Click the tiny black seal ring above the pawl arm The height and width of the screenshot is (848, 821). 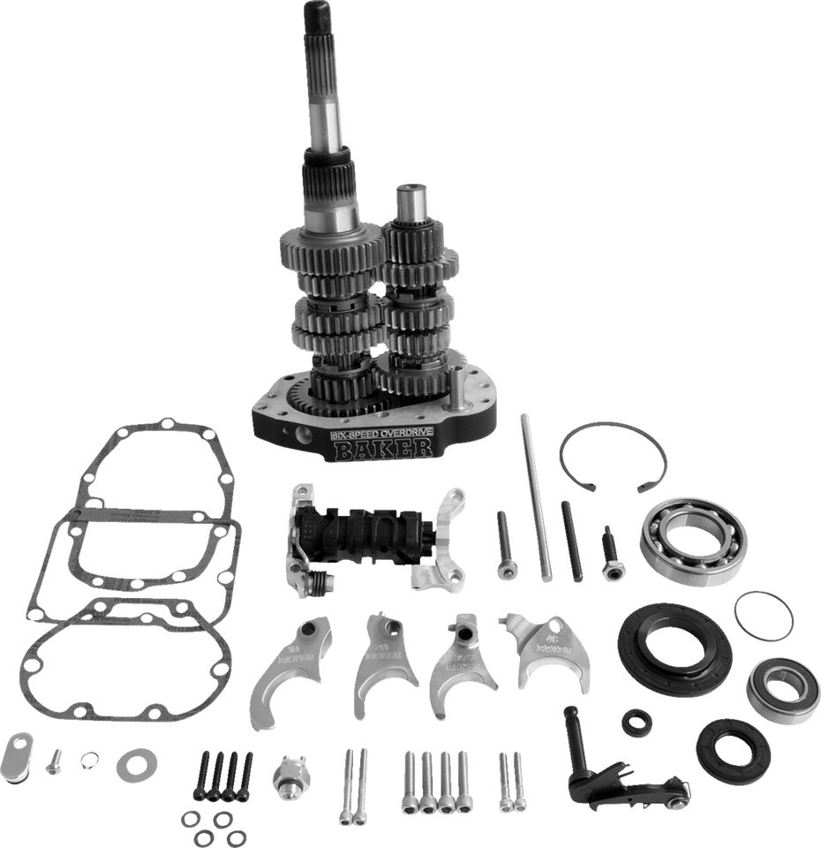(636, 721)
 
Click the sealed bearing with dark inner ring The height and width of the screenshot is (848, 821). (781, 690)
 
